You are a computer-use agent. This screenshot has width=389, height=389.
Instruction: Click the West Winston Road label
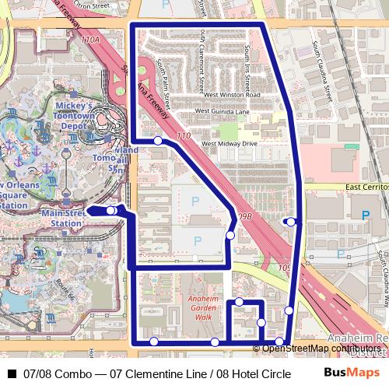tap(232, 96)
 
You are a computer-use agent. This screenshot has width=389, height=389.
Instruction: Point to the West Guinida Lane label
tap(222, 111)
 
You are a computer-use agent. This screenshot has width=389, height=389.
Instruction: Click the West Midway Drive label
tap(229, 144)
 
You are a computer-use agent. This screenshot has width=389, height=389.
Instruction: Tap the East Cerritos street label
tap(366, 187)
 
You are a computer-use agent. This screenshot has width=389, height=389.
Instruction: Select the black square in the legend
tap(11, 373)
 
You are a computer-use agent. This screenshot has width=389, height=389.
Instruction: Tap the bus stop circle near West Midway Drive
tap(158, 141)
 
